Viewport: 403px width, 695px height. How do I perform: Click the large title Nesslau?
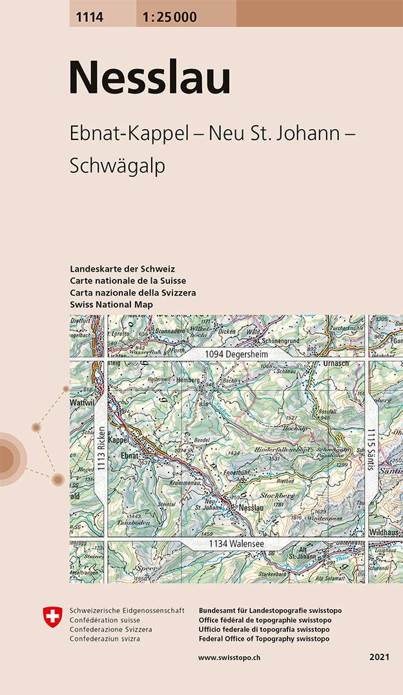[x=149, y=78]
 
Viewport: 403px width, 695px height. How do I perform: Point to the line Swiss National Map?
[x=112, y=304]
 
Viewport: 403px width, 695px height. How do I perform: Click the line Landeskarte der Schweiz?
[x=122, y=268]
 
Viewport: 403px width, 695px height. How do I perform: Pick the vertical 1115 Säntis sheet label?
[x=371, y=449]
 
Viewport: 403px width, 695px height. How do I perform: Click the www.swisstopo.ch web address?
[x=229, y=657]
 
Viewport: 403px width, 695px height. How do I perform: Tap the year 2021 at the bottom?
[x=379, y=657]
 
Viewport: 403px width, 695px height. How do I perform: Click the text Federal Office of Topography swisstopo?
[x=264, y=638]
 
